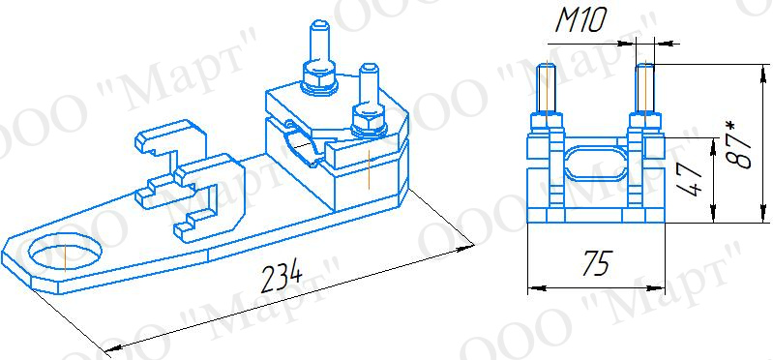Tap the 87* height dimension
[x=738, y=144]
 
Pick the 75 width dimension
[x=597, y=263]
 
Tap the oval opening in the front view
[x=595, y=163]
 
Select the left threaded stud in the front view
[x=547, y=88]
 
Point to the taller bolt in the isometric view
[x=320, y=44]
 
